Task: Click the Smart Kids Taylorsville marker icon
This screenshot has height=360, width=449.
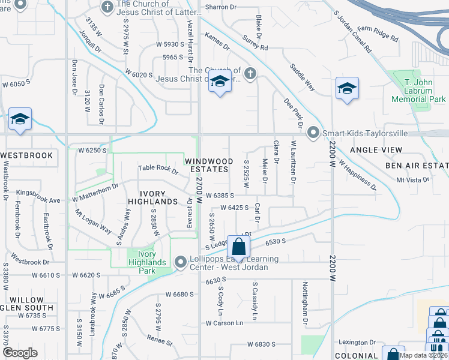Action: pos(313,133)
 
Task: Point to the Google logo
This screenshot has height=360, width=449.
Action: pos(20,353)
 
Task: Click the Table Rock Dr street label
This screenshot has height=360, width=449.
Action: pos(158,170)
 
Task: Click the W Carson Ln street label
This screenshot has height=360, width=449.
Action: pos(225,323)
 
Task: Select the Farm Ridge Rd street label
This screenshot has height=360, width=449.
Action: pos(378,33)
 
